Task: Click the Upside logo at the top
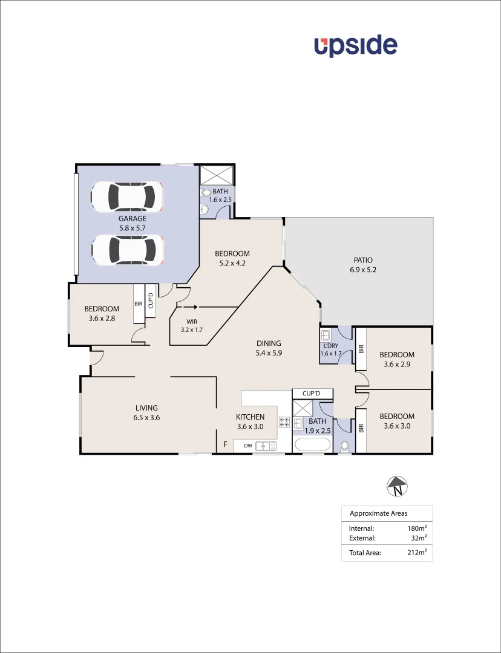355,46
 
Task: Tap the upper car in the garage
128,197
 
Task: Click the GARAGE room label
132,219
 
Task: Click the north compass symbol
397,486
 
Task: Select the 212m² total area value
417,552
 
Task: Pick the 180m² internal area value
417,528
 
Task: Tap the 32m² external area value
419,538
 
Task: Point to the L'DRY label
331,345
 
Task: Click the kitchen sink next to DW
266,446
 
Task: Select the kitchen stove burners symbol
284,423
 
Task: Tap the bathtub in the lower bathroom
312,446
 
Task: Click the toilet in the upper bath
205,192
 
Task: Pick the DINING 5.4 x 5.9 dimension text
269,352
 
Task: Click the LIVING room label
146,408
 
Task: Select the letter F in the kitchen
226,445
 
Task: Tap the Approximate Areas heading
378,514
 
